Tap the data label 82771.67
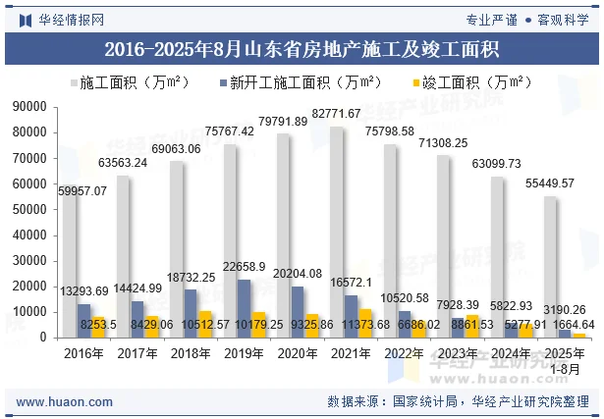pos(337,114)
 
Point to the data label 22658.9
pos(246,266)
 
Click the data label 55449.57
pos(550,183)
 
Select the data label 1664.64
pos(573,325)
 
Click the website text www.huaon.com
pos(58,401)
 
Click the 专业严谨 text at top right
pos(491,18)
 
